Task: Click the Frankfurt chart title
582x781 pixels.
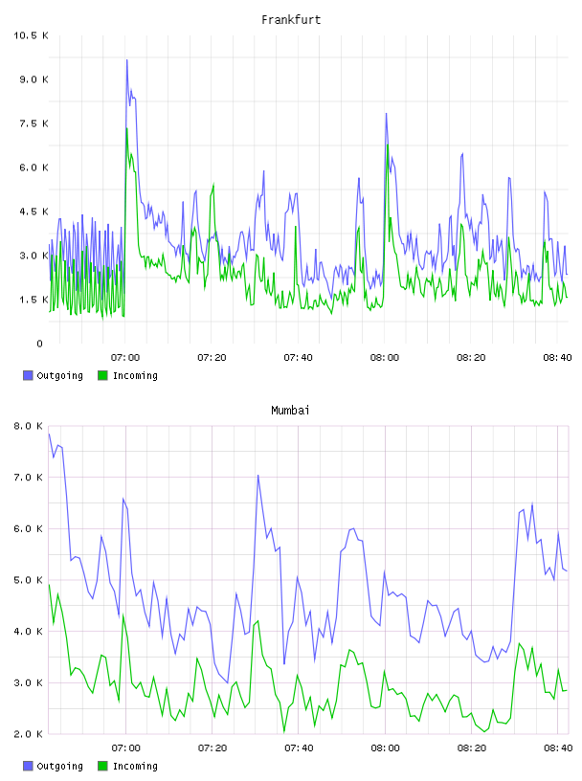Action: point(291,20)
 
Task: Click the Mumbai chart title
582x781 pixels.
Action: point(290,411)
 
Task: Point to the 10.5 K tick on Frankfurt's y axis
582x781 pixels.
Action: point(31,35)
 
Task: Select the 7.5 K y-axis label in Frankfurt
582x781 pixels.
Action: point(34,123)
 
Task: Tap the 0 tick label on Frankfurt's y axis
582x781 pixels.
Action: point(40,344)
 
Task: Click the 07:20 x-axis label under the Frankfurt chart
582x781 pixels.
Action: point(212,358)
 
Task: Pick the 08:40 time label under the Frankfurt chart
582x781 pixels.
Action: point(557,358)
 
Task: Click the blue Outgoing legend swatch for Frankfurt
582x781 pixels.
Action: point(28,375)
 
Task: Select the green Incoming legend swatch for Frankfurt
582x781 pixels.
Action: point(102,375)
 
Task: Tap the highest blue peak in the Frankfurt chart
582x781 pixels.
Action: point(127,60)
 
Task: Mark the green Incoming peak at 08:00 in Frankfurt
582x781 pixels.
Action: point(387,145)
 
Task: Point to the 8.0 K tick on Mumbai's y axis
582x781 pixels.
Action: point(28,426)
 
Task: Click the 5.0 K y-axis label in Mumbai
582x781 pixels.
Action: point(28,580)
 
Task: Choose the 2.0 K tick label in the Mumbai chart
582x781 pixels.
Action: point(28,734)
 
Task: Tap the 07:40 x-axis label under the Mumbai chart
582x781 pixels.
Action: point(299,748)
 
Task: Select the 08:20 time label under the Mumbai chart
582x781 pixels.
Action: point(472,748)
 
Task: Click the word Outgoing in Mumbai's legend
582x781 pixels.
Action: point(59,766)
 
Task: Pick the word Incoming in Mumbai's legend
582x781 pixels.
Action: point(135,766)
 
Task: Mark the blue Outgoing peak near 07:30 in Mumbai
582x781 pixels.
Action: point(258,475)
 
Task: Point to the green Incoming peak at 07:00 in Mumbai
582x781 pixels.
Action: point(123,615)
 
